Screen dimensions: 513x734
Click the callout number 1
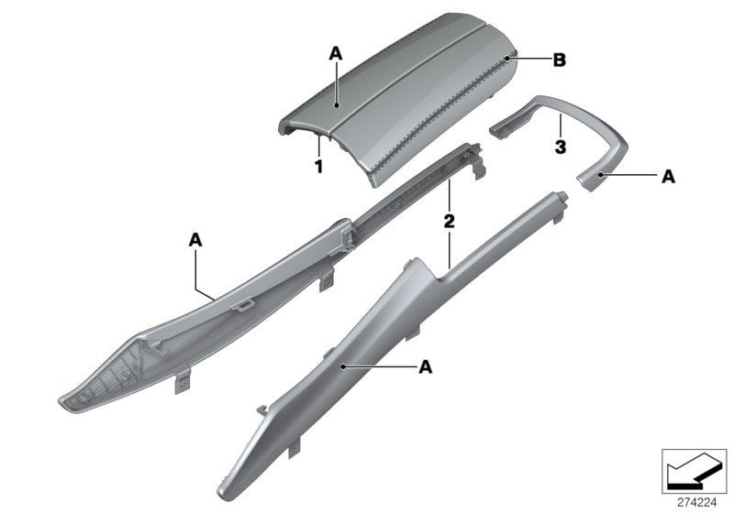click(x=318, y=167)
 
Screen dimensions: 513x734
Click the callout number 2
click(x=450, y=221)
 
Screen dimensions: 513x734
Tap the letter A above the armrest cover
click(x=336, y=56)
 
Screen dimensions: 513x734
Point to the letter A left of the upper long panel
click(x=195, y=239)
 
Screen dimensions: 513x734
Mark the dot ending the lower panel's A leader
click(x=343, y=366)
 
